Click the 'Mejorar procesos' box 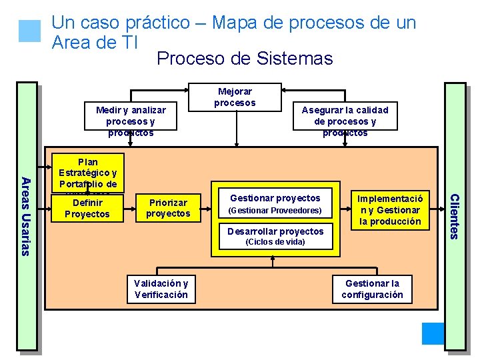click(235, 97)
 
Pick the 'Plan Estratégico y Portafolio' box click(87, 173)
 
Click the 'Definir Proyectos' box click(87, 208)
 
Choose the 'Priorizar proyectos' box click(168, 208)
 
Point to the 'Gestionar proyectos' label click(275, 198)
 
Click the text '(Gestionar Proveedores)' click(275, 211)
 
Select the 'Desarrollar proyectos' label click(275, 231)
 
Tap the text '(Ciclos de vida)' click(275, 242)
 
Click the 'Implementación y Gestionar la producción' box click(390, 210)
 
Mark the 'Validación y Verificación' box click(161, 289)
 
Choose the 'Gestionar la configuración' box click(372, 289)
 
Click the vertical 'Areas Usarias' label click(25, 216)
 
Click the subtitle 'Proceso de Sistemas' click(244, 59)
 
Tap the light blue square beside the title click(30, 31)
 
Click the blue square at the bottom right click(433, 333)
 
